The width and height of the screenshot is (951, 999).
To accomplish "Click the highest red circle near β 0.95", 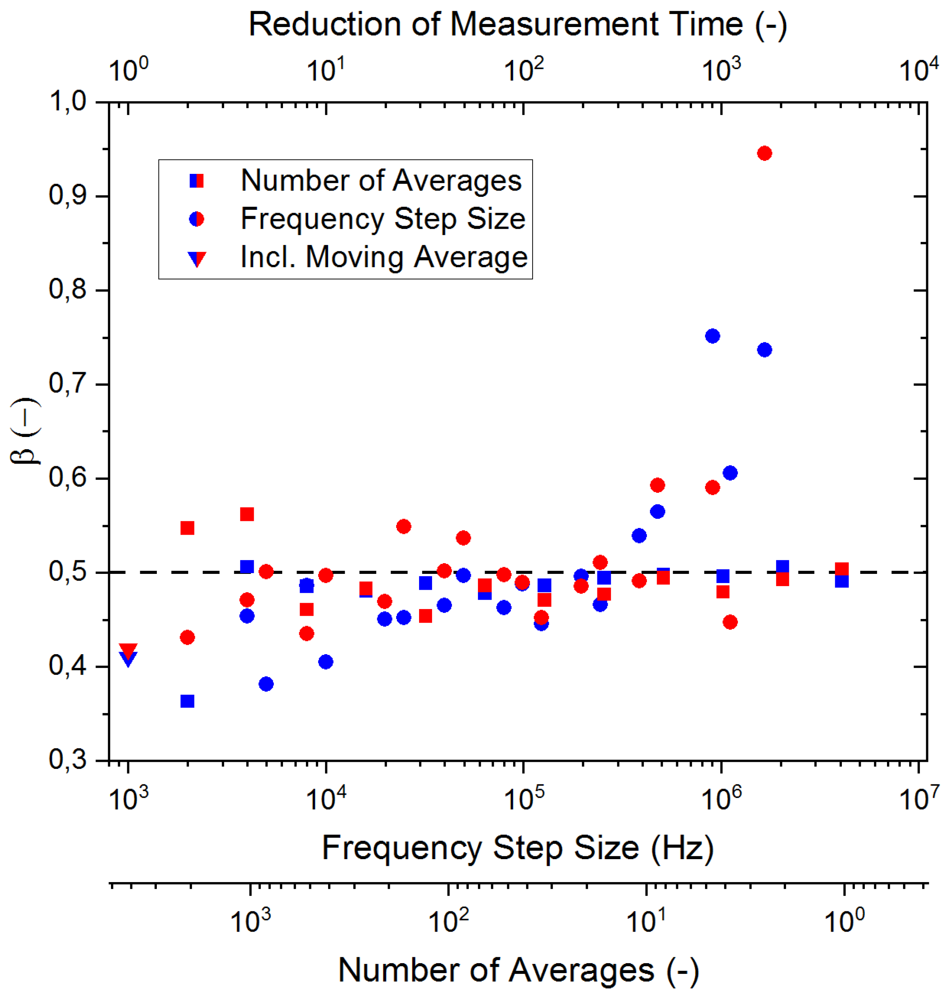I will [764, 153].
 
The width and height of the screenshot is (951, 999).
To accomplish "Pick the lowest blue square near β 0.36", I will [187, 701].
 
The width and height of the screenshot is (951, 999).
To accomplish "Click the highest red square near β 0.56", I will [246, 514].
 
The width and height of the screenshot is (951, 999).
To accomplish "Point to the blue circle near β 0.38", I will [266, 684].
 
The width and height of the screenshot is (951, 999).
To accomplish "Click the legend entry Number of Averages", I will [381, 180].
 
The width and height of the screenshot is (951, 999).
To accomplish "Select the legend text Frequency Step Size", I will [383, 219].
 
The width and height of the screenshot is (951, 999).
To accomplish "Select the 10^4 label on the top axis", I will [918, 70].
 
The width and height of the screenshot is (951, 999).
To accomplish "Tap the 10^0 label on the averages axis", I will [843, 921].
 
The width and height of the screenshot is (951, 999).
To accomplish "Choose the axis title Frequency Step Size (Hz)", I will [517, 848].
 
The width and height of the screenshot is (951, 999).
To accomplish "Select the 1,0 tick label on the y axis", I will [67, 101].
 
